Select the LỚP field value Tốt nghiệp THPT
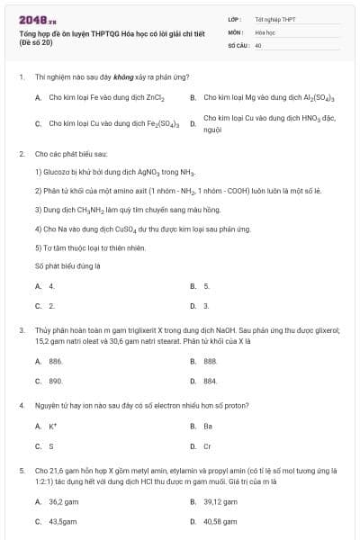tap(274, 19)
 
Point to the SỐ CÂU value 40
tap(258, 44)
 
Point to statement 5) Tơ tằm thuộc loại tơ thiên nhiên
tap(89, 247)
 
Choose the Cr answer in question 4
tap(208, 445)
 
